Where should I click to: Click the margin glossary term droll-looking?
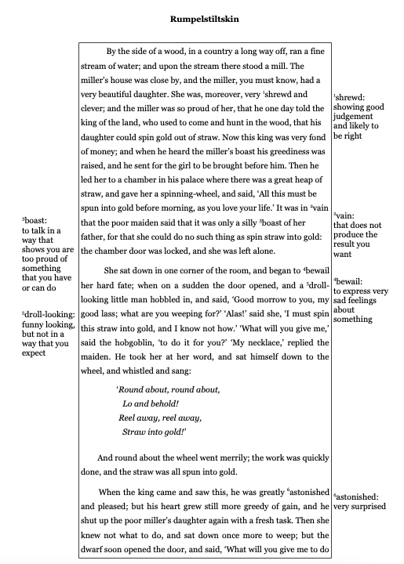tap(44, 314)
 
